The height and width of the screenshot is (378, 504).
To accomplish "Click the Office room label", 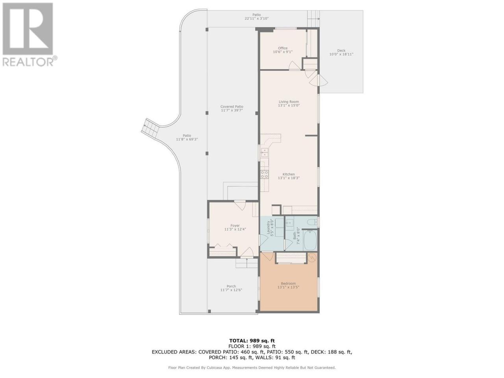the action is tap(283, 48).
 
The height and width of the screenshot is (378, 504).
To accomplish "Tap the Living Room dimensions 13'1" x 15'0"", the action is tap(289, 106).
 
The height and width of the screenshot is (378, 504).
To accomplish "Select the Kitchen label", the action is tap(289, 174).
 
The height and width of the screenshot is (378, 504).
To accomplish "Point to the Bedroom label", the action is tap(288, 283).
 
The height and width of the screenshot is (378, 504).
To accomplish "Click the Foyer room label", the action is tap(235, 226).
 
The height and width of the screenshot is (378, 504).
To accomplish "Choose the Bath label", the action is tap(295, 236).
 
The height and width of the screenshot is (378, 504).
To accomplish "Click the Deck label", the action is tap(341, 50).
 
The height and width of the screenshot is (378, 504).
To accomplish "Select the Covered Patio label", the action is tap(232, 106).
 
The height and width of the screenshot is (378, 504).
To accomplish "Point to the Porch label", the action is tap(231, 286).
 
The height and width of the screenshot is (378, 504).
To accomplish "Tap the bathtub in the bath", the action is tap(310, 241).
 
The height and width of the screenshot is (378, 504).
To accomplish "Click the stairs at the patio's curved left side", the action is tap(150, 130).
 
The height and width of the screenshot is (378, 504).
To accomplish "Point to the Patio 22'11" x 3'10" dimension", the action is tap(256, 19).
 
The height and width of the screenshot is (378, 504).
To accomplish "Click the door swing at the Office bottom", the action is tap(295, 65).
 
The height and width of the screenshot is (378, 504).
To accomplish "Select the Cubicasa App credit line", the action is tap(252, 368).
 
